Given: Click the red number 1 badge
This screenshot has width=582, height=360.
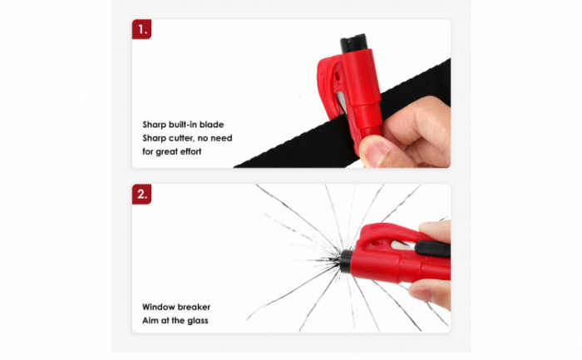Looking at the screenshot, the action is coord(142,29).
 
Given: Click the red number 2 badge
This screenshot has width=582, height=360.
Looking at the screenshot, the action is coord(142,194).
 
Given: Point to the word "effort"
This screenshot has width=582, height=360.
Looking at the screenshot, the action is coord(190,151).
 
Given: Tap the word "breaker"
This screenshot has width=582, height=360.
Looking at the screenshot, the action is coord(194,307).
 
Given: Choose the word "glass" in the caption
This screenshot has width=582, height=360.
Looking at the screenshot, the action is coord(198,321).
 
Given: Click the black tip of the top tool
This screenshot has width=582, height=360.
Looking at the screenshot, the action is coord(353,42).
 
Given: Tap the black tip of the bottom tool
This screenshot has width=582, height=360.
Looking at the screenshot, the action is coord(347,261).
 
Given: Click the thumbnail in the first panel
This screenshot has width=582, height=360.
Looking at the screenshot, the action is coord(374,151).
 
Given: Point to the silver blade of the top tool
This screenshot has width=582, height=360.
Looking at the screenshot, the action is coord(342,101).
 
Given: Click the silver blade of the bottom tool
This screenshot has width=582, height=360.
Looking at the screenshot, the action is coord(402,245).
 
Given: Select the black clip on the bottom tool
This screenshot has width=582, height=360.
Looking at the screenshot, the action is coord(433,249).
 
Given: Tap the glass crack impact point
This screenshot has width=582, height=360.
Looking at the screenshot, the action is coord(335,260).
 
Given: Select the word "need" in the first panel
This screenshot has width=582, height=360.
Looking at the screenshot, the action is coord(221,138).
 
